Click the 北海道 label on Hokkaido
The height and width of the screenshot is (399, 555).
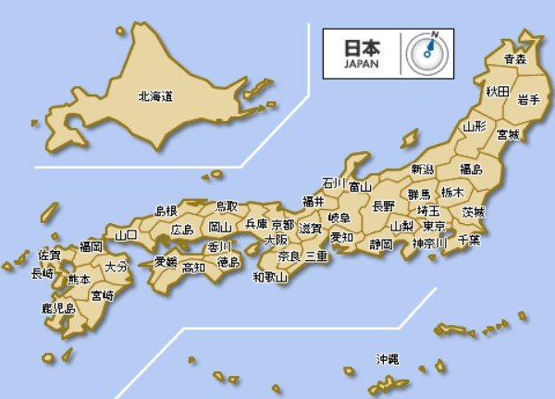tap(156, 95)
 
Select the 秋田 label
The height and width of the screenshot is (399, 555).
tap(497, 92)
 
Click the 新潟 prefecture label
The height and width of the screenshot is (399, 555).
tap(422, 169)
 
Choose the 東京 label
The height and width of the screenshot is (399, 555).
tap(434, 226)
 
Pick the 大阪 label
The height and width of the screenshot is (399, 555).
tap(276, 239)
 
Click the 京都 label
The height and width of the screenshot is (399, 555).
tap(282, 225)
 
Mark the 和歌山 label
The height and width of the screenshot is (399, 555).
tap(270, 277)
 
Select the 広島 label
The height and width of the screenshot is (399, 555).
tap(183, 230)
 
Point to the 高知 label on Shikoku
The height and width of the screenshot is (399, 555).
tap(193, 268)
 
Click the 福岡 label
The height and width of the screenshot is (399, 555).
tap(91, 246)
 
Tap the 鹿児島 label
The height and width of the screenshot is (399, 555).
tap(57, 307)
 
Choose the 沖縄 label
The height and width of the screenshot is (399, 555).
tap(388, 357)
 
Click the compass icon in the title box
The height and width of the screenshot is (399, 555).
tap(426, 53)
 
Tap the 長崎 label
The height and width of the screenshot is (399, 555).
tap(43, 273)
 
